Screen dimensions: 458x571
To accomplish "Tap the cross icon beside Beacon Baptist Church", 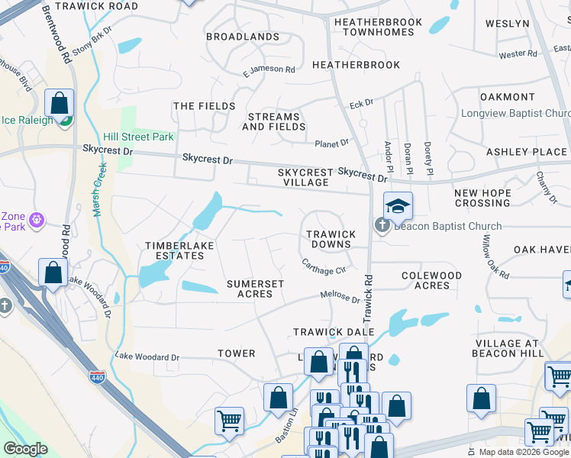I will [381, 225].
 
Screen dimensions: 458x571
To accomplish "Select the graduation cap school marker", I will [398, 207].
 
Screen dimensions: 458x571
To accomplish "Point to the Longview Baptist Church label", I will [515, 114].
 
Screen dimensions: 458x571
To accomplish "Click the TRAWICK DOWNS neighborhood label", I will [330, 239].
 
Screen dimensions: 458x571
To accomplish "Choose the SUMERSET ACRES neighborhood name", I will [255, 289].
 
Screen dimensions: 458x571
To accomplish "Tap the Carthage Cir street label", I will [324, 269].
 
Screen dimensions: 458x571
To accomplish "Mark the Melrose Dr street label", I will [340, 297].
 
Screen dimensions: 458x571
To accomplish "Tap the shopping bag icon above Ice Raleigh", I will [59, 102].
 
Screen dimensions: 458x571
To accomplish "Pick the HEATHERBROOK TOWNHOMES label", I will [377, 27].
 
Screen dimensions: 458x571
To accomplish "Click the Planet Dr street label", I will [331, 143].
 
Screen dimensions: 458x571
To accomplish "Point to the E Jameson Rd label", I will [269, 70].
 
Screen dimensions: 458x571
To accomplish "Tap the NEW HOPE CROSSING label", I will [482, 198].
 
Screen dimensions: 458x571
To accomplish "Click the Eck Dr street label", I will [360, 102].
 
